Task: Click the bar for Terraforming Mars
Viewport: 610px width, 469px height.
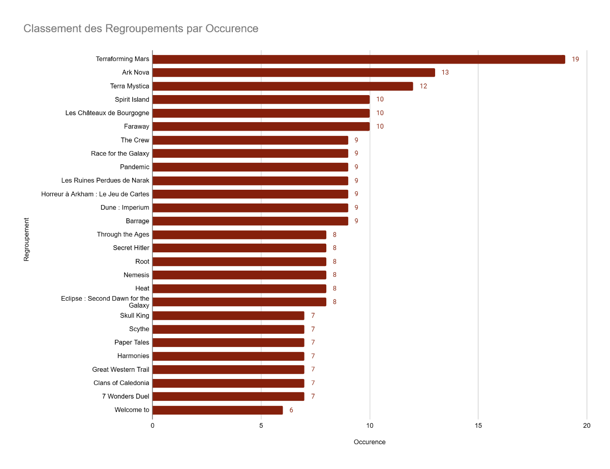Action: (359, 59)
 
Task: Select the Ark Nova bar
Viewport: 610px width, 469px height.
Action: (294, 72)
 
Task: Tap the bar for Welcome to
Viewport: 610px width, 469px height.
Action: (218, 410)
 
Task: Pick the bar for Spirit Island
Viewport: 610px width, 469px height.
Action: (261, 99)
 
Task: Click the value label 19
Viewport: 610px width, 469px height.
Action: (575, 59)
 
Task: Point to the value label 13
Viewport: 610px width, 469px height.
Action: (445, 72)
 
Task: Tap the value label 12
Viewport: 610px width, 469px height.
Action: (423, 86)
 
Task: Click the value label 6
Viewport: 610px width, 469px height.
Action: (291, 410)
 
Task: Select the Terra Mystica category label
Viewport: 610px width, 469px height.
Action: (130, 86)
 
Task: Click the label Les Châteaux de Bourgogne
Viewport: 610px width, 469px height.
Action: (107, 113)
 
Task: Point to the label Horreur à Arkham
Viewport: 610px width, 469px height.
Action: (67, 194)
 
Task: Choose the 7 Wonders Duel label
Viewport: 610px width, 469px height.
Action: (126, 396)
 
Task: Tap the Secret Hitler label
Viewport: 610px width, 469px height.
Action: (131, 248)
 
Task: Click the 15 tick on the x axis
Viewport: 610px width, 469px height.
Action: (478, 425)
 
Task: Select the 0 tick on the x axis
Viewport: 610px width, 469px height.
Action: (152, 425)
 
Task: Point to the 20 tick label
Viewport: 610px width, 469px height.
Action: (587, 425)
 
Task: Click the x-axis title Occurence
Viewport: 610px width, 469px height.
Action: (370, 442)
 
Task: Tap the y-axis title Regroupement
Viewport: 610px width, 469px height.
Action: (26, 240)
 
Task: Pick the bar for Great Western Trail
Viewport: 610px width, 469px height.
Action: (229, 370)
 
